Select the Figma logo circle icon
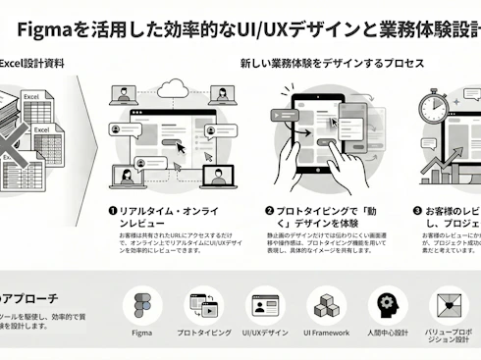pos(142,305)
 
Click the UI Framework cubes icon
pos(327,305)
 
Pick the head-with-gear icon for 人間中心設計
pos(388,305)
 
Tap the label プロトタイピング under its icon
pos(204,334)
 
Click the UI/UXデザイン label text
pos(265,334)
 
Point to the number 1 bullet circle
pos(113,210)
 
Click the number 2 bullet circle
pos(269,210)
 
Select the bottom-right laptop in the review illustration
pos(216,175)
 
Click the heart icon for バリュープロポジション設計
pos(450,305)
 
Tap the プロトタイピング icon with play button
pos(205,305)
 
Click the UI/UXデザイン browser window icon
pos(265,305)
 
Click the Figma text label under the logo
pos(142,334)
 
